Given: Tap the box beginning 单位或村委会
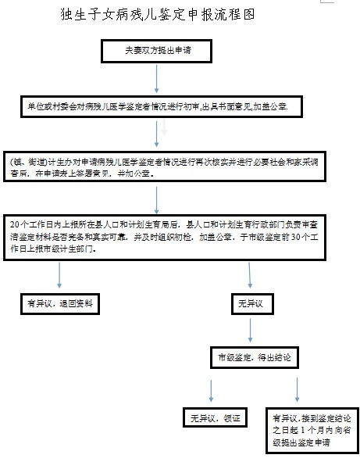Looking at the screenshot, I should point(158,106).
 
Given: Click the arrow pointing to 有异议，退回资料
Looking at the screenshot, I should point(60,274).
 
